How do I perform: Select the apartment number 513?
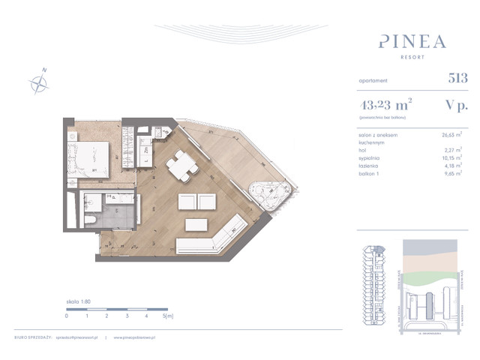(457, 77)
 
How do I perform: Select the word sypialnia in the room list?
(371, 158)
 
